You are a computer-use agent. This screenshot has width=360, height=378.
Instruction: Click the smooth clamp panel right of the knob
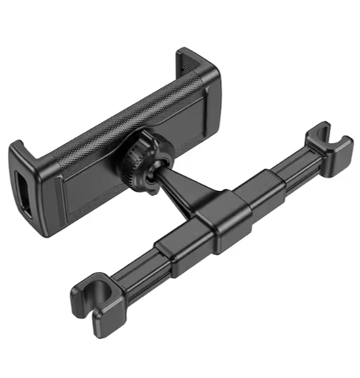tap(191, 122)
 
